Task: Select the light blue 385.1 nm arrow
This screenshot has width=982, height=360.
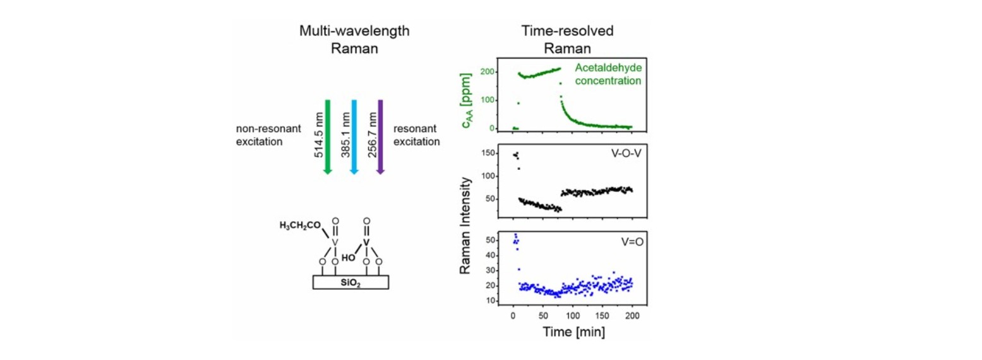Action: [354, 136]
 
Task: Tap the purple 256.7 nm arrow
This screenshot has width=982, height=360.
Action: [380, 136]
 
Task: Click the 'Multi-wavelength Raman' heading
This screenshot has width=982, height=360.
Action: [356, 39]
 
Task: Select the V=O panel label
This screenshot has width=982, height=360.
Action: [620, 241]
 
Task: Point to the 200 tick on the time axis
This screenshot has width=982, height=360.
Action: [632, 315]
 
